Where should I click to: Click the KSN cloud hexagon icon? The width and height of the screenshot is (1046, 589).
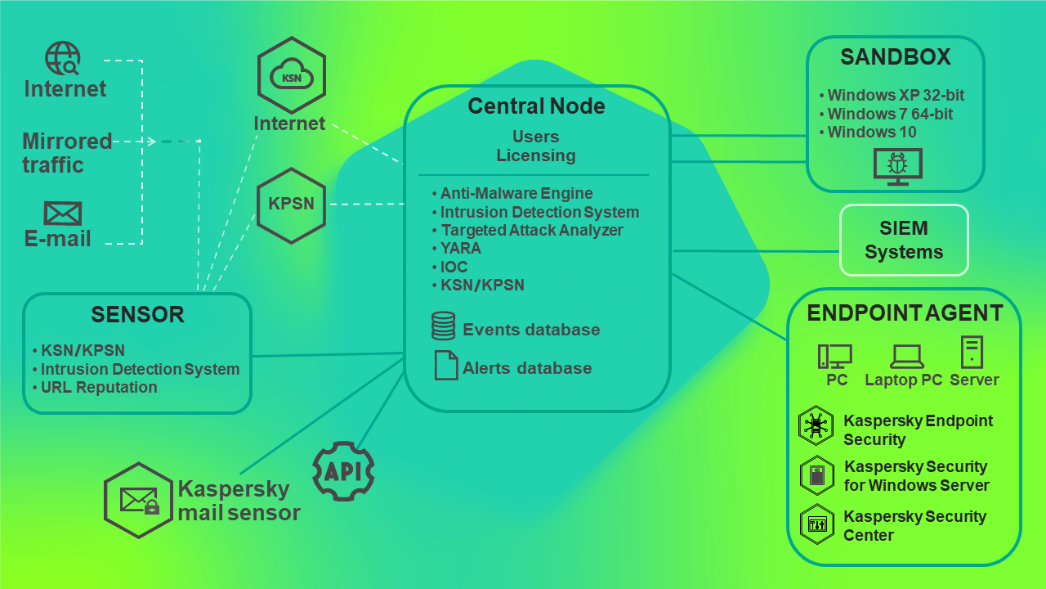292,75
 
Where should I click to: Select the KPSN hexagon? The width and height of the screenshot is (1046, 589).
291,205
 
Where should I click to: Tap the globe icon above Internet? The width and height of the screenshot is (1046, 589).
63,59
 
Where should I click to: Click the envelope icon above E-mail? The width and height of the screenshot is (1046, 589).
63,214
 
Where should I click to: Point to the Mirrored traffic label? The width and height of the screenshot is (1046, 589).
66,153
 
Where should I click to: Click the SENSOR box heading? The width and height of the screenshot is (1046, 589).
137,314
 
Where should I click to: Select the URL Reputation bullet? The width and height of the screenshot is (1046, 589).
98,388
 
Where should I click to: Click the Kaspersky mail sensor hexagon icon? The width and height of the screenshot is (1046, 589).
139,500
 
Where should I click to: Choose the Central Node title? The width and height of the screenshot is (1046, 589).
536,106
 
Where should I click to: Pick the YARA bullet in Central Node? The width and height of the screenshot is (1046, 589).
460,248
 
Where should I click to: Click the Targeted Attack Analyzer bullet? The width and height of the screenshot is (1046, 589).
531,230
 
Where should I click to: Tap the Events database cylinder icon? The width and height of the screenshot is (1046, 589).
443,326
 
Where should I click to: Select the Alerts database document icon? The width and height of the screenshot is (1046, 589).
446,365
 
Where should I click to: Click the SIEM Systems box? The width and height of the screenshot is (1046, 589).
904,240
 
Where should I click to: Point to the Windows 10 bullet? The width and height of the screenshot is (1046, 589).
871,133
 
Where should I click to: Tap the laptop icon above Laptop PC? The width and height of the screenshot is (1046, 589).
906,355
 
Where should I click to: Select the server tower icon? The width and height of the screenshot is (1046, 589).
972,352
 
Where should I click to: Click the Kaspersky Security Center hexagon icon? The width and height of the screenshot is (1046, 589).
816,525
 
